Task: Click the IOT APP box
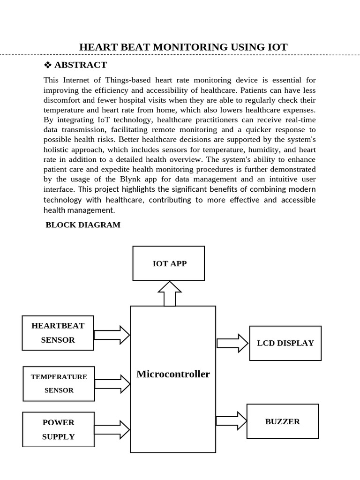point(169,263)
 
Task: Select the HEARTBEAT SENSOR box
point(58,333)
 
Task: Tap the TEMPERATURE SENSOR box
point(59,383)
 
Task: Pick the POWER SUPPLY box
point(58,429)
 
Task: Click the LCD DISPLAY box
point(285,343)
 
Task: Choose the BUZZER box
point(282,421)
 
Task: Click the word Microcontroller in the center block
point(173,374)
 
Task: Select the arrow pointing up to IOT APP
point(170,293)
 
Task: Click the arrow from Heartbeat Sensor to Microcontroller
point(112,335)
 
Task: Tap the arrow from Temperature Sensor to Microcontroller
point(112,384)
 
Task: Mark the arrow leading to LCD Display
point(232,343)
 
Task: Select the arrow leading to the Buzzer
point(231,420)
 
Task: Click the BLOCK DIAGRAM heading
point(83,225)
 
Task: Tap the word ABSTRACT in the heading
point(81,65)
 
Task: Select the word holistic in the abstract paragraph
point(59,150)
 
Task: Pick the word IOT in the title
point(277,47)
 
